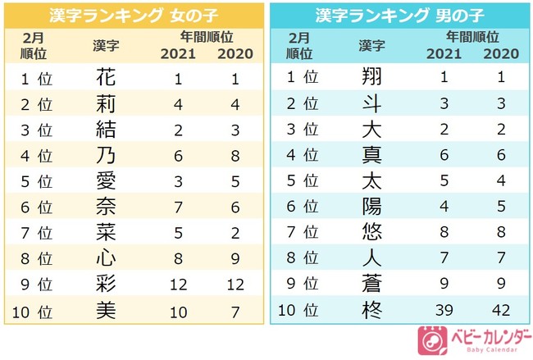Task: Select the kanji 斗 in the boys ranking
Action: (x=371, y=103)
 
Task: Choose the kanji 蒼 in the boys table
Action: (x=371, y=285)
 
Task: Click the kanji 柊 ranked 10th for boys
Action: (x=371, y=311)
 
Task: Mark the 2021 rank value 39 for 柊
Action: (x=444, y=311)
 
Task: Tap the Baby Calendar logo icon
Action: (x=430, y=339)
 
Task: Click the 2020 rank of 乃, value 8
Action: (x=235, y=155)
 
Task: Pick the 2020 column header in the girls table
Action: (x=235, y=53)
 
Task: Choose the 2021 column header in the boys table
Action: (x=444, y=53)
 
